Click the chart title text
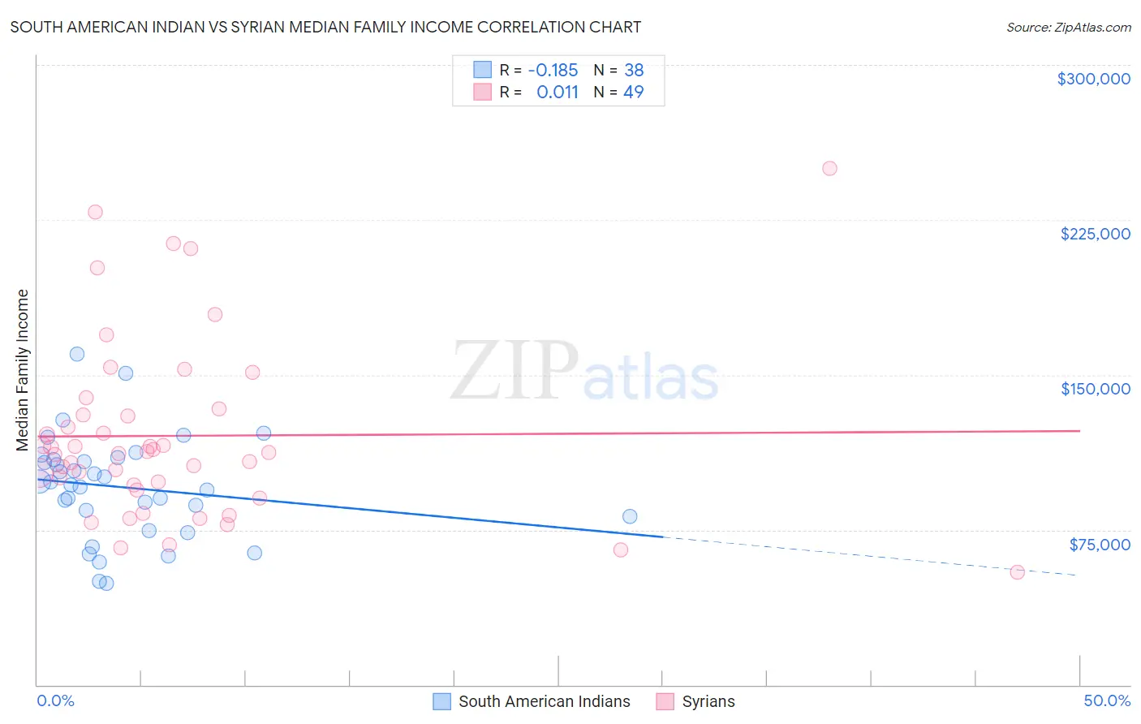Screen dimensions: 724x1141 [x=325, y=27]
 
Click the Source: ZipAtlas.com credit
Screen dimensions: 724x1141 [x=1068, y=28]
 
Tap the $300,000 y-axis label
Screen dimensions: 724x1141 [x=1093, y=79]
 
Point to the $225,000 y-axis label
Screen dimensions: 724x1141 [x=1095, y=234]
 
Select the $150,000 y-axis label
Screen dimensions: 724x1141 [x=1095, y=389]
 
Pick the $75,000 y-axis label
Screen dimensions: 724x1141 [x=1099, y=545]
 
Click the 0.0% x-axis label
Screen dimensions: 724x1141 [x=55, y=700]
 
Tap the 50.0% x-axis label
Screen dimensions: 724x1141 [x=1106, y=700]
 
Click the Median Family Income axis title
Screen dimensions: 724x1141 [x=23, y=370]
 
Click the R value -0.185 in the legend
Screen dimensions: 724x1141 [x=553, y=70]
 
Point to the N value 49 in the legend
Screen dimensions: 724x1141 [x=633, y=92]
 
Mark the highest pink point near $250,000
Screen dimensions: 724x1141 [x=829, y=169]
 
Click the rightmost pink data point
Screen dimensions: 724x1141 [x=1017, y=572]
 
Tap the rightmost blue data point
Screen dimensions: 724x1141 [x=630, y=516]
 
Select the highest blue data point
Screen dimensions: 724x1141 [x=77, y=354]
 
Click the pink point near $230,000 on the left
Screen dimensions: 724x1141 [x=95, y=212]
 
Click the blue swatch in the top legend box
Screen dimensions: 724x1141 [x=483, y=70]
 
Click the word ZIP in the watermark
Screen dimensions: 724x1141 [x=515, y=371]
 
